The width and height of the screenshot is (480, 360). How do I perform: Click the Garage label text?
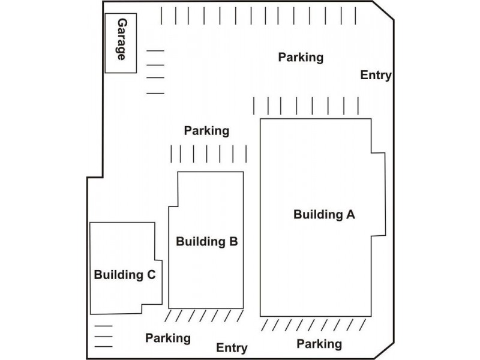[121, 40]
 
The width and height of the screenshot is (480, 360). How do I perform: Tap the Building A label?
[324, 215]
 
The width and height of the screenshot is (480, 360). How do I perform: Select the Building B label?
[207, 242]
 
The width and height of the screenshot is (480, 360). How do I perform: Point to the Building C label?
[125, 275]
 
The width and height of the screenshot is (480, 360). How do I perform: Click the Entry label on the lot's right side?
[376, 76]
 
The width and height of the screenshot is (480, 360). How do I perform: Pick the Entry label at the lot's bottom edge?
[232, 348]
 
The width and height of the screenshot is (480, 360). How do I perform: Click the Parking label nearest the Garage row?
[301, 58]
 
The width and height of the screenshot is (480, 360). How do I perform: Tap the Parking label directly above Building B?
[206, 130]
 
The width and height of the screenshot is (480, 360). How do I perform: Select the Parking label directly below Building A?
[319, 344]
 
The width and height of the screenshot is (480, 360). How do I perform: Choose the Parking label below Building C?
[168, 338]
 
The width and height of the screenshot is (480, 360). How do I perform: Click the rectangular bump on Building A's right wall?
[377, 195]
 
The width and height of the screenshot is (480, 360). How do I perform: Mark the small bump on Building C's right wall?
[158, 282]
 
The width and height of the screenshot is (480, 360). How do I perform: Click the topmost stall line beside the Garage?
[155, 52]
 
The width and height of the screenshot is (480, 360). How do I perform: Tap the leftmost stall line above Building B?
[171, 154]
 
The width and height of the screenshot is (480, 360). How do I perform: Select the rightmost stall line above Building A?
[358, 106]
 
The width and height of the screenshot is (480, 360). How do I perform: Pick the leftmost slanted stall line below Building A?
[266, 325]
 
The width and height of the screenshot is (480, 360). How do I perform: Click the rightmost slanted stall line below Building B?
[239, 316]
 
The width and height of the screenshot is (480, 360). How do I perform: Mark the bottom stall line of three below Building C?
[104, 346]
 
